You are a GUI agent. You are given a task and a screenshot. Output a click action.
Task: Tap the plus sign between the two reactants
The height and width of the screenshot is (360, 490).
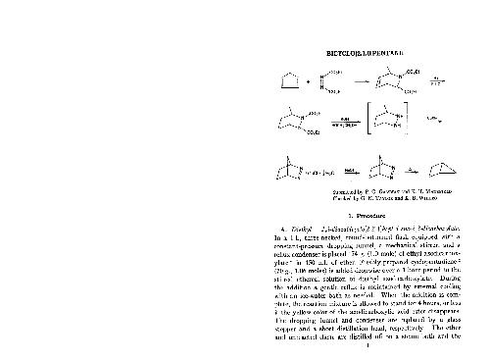[309, 82]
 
